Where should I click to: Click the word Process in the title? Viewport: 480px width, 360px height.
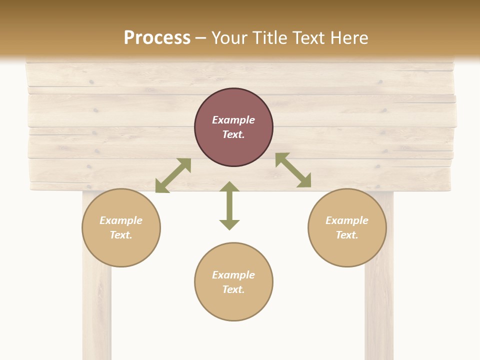click(157, 37)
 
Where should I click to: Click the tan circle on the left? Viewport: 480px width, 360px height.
click(121, 250)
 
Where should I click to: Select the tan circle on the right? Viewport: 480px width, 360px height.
click(347, 250)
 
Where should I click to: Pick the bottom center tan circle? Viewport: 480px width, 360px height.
click(233, 305)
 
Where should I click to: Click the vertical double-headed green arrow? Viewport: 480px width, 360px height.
click(229, 206)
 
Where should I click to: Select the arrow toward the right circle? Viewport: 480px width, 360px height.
click(293, 170)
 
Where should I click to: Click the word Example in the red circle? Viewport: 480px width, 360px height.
click(233, 120)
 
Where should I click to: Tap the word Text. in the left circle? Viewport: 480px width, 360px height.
click(121, 235)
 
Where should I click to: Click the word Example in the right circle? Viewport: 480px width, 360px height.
click(347, 220)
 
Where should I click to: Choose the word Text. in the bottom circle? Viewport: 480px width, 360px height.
click(233, 289)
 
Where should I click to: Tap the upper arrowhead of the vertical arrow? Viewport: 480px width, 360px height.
click(229, 187)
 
